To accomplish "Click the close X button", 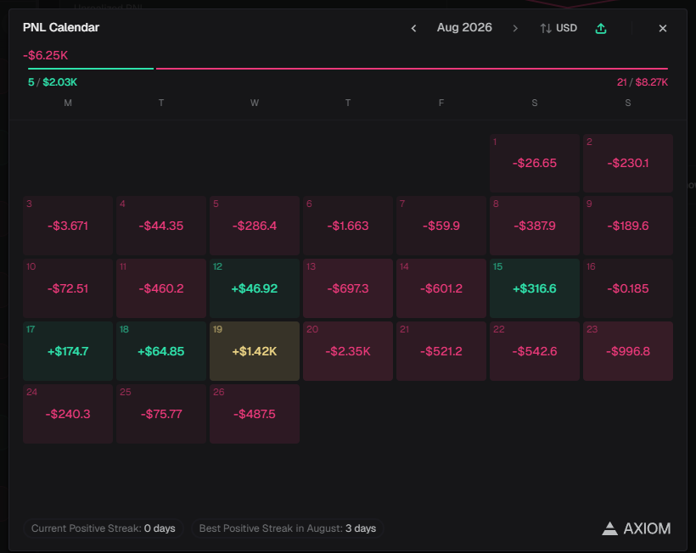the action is click(x=663, y=28).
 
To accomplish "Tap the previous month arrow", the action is click(x=413, y=28).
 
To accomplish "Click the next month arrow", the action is click(x=515, y=28).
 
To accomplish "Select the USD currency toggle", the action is click(x=558, y=28).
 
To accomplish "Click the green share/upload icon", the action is click(x=601, y=28).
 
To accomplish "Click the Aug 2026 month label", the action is click(x=464, y=27).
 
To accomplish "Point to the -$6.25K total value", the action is click(x=45, y=55).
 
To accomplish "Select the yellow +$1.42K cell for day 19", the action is click(x=255, y=351).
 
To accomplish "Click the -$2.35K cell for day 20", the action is click(x=348, y=351).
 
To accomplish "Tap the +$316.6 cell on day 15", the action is click(x=535, y=288).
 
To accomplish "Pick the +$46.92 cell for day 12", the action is click(x=255, y=288).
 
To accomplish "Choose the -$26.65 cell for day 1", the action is click(x=535, y=163).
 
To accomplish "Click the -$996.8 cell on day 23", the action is click(x=628, y=351).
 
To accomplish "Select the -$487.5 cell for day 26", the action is click(x=255, y=414).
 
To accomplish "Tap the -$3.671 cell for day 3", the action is click(x=68, y=226).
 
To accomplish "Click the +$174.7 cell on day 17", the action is click(x=68, y=351).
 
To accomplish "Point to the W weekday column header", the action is click(x=255, y=103).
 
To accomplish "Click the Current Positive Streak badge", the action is click(x=104, y=528).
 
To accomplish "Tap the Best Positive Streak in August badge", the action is click(x=288, y=528).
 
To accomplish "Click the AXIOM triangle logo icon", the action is click(x=610, y=528).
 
